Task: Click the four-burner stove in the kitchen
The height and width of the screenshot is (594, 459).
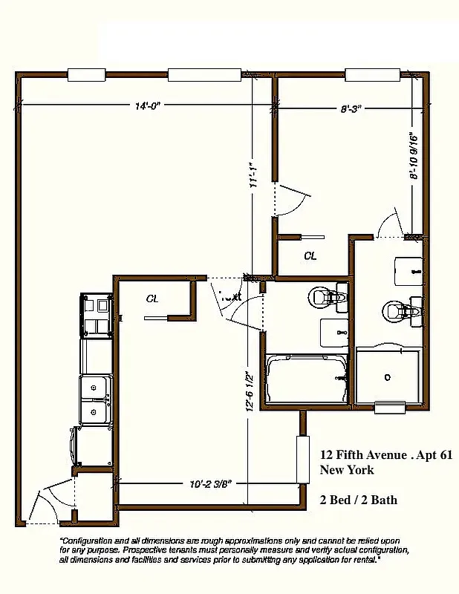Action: pos(96,316)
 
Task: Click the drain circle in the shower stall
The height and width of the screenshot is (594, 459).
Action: pos(387,377)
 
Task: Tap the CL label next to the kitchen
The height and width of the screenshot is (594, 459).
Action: pos(152,298)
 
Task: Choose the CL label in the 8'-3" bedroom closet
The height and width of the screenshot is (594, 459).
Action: pos(310,256)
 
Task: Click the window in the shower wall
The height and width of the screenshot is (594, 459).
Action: pos(388,406)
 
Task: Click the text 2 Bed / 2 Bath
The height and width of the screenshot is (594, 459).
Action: pos(359,500)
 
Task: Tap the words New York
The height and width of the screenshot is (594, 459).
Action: pos(347,470)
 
